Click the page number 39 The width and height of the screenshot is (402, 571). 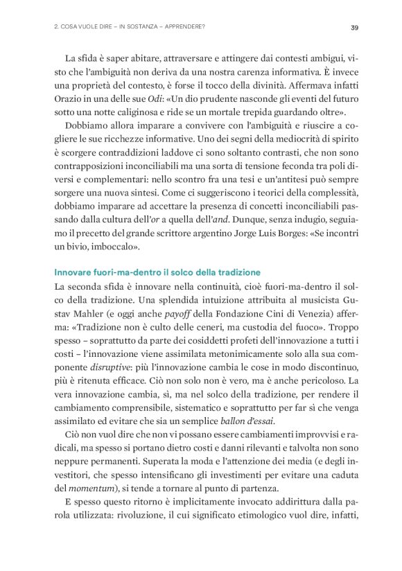point(353,28)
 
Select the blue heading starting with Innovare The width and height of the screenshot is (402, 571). point(157,272)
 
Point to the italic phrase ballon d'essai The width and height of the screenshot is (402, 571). point(249,420)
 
